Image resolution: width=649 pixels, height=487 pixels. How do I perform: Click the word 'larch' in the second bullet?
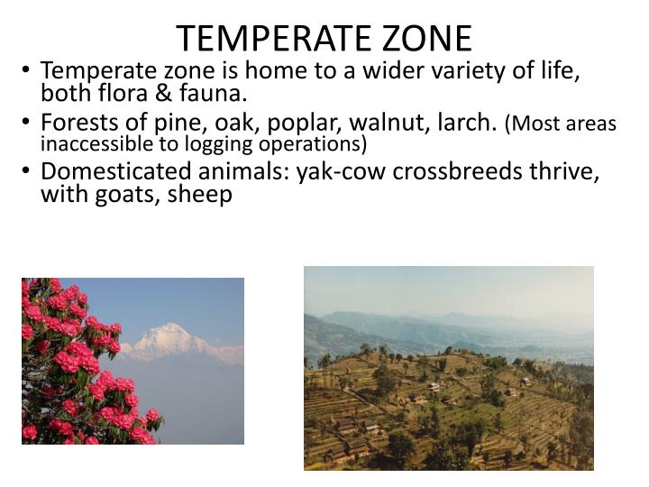click(x=470, y=123)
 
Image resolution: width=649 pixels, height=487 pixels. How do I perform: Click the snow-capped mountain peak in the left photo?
click(x=171, y=338)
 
